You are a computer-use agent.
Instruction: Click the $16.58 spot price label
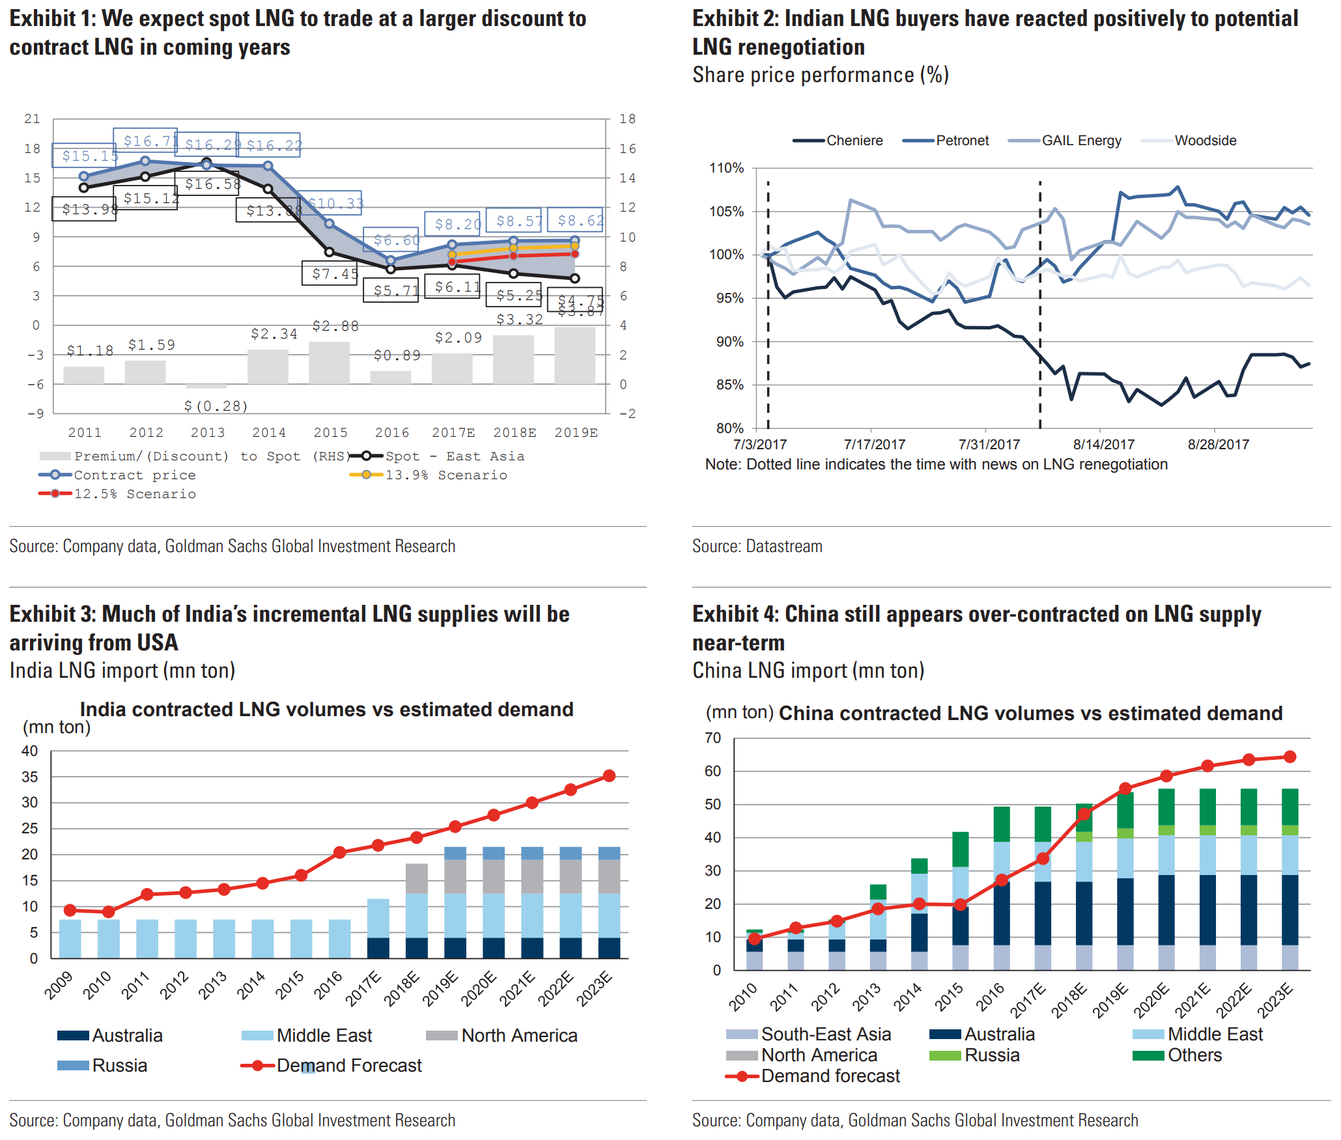point(212,184)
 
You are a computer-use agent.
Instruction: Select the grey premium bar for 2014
point(268,367)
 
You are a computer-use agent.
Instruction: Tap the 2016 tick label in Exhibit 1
point(391,432)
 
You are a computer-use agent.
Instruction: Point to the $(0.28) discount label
point(216,406)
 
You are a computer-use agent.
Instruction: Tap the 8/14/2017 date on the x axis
point(1103,445)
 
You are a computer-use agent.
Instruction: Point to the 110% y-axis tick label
point(726,168)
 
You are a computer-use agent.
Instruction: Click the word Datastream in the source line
point(784,546)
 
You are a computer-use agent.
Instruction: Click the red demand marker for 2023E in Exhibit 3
point(609,776)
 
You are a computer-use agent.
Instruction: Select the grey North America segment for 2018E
point(417,878)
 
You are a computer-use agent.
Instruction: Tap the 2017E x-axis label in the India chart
point(363,988)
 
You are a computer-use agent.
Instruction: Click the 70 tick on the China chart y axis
point(713,738)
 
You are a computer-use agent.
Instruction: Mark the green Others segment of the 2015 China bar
point(960,849)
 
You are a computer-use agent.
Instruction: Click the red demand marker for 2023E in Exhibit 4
point(1290,757)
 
